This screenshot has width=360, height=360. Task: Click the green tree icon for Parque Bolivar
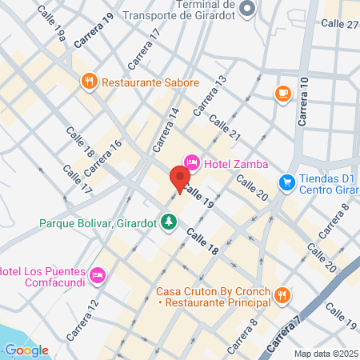tap(168, 221)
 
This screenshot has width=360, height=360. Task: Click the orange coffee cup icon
tap(282, 94)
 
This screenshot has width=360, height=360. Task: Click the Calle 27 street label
tap(338, 24)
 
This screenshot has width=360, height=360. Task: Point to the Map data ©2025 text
tap(324, 353)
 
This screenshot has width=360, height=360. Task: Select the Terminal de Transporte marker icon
tap(247, 8)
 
